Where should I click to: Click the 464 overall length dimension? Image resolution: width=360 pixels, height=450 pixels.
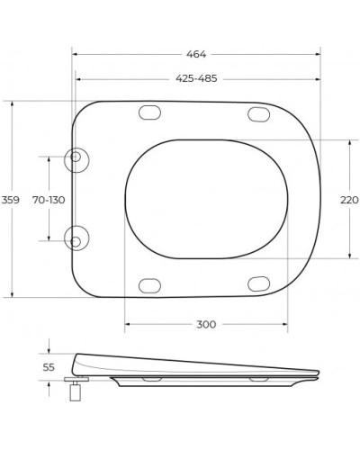(196, 54)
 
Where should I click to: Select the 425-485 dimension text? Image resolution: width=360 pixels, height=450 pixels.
(196, 79)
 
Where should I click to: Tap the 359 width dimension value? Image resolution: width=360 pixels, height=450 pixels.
(10, 199)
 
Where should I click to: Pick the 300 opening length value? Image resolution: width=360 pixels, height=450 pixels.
(206, 324)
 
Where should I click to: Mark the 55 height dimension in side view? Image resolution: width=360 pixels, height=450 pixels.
(50, 367)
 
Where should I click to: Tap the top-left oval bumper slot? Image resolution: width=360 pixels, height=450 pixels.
(149, 113)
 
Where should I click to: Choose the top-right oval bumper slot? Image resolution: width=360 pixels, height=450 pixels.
(258, 113)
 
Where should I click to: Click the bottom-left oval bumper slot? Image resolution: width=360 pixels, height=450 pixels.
(149, 285)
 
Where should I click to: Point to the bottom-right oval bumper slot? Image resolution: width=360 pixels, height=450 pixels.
(258, 285)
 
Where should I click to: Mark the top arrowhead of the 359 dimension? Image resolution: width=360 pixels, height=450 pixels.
(12, 103)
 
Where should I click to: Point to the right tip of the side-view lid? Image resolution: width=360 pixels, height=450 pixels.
(319, 372)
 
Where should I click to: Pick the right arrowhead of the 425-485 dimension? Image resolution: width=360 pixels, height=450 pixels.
(318, 79)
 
